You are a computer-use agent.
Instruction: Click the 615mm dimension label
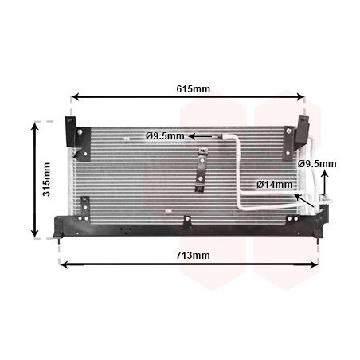tap(193, 89)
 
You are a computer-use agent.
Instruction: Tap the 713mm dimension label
tap(193, 256)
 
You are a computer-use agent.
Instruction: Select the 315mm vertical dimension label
tap(47, 179)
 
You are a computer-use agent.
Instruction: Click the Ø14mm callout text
tap(275, 185)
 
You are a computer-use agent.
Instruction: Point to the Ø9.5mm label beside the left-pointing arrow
tap(165, 136)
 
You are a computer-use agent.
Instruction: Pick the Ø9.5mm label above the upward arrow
tap(317, 164)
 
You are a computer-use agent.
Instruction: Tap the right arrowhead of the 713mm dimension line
tap(315, 264)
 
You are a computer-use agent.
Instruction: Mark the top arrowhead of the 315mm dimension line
tap(35, 126)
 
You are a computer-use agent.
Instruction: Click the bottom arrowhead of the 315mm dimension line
tap(35, 233)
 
